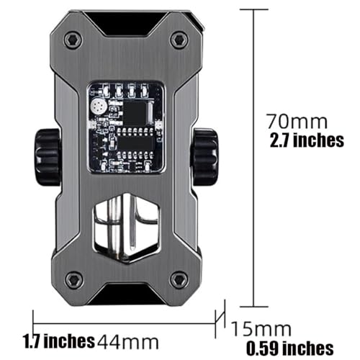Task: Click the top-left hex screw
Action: coord(72,40)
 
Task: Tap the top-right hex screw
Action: coord(178,39)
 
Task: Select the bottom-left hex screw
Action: coord(73,281)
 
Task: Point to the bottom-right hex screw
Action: coord(179,280)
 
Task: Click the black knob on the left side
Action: coord(48,158)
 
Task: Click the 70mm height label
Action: coord(297,122)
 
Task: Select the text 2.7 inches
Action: coord(307,140)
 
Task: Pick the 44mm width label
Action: coord(128,342)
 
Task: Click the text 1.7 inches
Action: coord(59,341)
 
